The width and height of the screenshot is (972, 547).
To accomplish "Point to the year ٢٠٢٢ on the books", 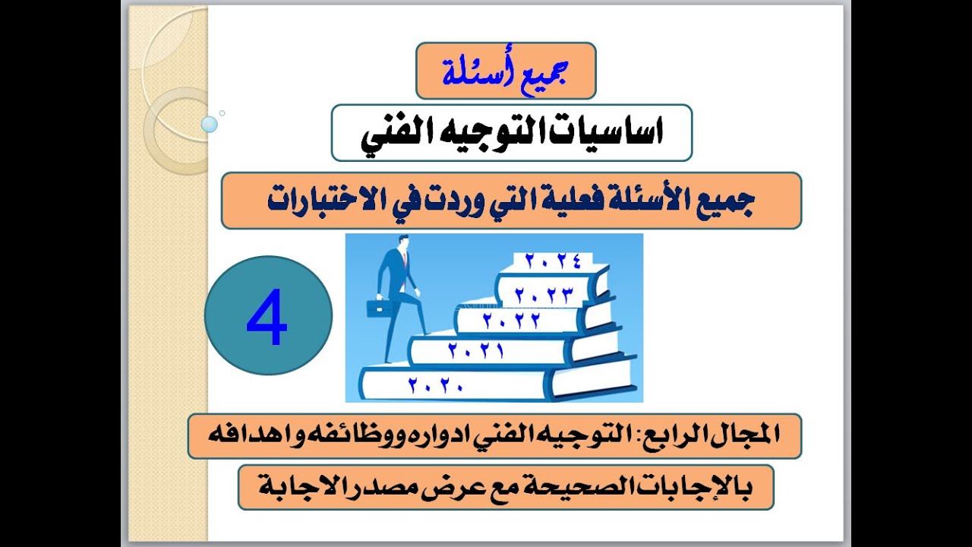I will (x=511, y=321).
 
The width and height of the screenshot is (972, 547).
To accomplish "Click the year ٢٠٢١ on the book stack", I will (x=476, y=352).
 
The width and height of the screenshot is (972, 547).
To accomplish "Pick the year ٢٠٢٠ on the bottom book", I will (x=435, y=385).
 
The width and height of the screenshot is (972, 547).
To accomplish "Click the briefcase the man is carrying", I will (x=377, y=308).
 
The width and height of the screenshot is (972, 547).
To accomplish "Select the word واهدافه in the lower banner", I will (x=250, y=436).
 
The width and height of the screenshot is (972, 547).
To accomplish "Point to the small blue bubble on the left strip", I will (x=210, y=124).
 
